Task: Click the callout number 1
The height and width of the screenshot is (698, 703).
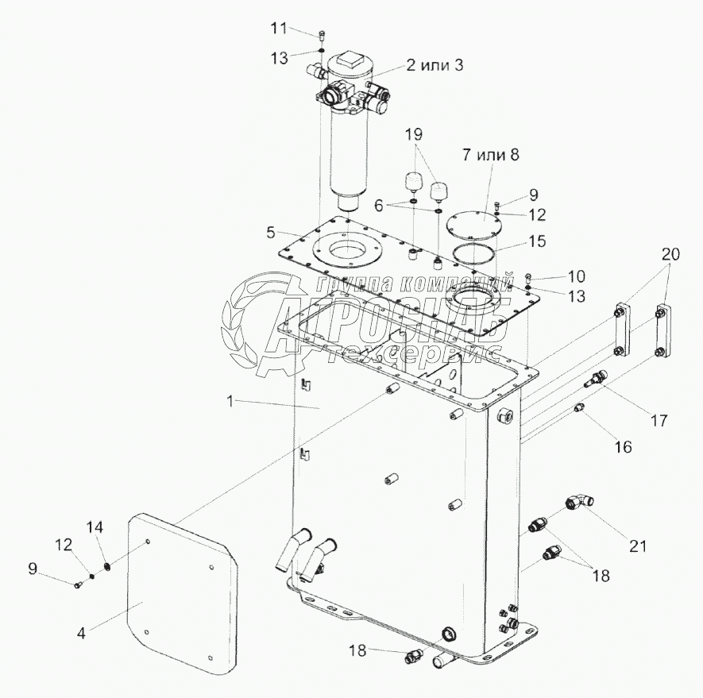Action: pyautogui.click(x=230, y=402)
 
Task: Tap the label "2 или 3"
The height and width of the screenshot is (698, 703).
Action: pyautogui.click(x=435, y=66)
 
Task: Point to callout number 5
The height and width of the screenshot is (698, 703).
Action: pyautogui.click(x=271, y=233)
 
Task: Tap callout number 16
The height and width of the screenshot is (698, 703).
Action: pyautogui.click(x=622, y=447)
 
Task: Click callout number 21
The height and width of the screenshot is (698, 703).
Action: pyautogui.click(x=638, y=546)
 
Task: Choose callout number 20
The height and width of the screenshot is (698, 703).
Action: pyautogui.click(x=670, y=254)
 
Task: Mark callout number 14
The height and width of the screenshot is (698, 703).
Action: pyautogui.click(x=95, y=526)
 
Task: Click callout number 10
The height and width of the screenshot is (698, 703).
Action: pyautogui.click(x=574, y=276)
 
